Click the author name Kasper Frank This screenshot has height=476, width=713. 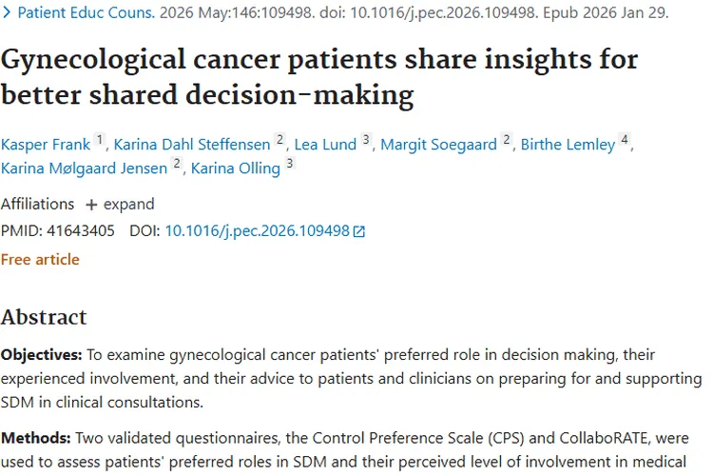(46, 145)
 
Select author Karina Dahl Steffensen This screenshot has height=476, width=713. (192, 145)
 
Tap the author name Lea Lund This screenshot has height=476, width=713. (325, 145)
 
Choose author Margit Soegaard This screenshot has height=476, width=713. (440, 145)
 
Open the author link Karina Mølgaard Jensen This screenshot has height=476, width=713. (85, 169)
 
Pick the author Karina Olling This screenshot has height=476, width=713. (236, 169)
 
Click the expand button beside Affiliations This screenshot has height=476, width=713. (120, 205)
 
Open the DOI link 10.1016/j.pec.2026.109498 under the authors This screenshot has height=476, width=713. (258, 230)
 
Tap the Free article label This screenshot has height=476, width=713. (40, 259)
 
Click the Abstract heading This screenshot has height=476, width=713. (44, 317)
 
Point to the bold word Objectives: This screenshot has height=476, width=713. (41, 355)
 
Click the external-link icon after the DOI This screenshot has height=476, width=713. (359, 231)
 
